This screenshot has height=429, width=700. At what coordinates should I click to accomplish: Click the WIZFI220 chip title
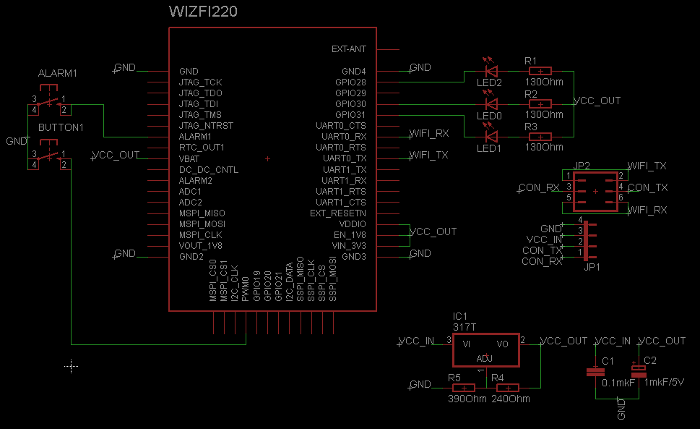coord(202,12)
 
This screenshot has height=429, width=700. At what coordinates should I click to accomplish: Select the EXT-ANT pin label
coord(348,49)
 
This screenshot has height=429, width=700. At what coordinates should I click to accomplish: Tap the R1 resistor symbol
coord(540,71)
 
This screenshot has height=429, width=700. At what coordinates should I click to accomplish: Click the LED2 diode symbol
coord(492,71)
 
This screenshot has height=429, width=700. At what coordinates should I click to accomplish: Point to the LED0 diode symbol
coord(492,104)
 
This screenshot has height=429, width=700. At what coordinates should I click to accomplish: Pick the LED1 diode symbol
coord(492,137)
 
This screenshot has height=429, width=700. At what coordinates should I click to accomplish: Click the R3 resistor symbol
coord(540,137)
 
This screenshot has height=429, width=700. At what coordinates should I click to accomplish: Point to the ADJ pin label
coord(485,359)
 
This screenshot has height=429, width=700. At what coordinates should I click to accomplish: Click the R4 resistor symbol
coord(508,388)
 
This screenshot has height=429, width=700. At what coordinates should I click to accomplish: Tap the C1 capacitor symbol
coord(595,372)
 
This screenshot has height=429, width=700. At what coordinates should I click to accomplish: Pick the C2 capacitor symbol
coord(638,372)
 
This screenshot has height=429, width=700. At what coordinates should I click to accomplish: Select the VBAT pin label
coord(190,158)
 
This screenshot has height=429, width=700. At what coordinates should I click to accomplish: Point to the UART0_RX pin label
coord(345,136)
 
